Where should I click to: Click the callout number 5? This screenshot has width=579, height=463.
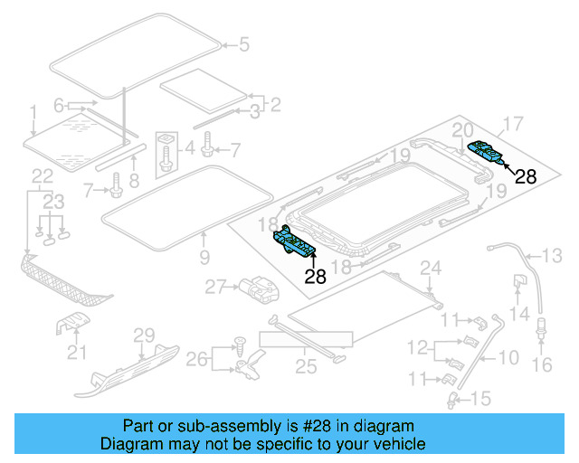point(242,43)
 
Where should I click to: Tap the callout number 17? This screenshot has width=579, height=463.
point(513,123)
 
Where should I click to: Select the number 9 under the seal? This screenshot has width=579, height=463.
point(204,259)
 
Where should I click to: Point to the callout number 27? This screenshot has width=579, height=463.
point(214,288)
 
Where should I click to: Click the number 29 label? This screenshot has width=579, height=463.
point(145,336)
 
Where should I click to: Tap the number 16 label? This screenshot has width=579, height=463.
point(542,365)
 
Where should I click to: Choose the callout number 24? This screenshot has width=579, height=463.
point(431,267)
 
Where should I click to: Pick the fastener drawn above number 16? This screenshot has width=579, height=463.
point(543,328)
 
